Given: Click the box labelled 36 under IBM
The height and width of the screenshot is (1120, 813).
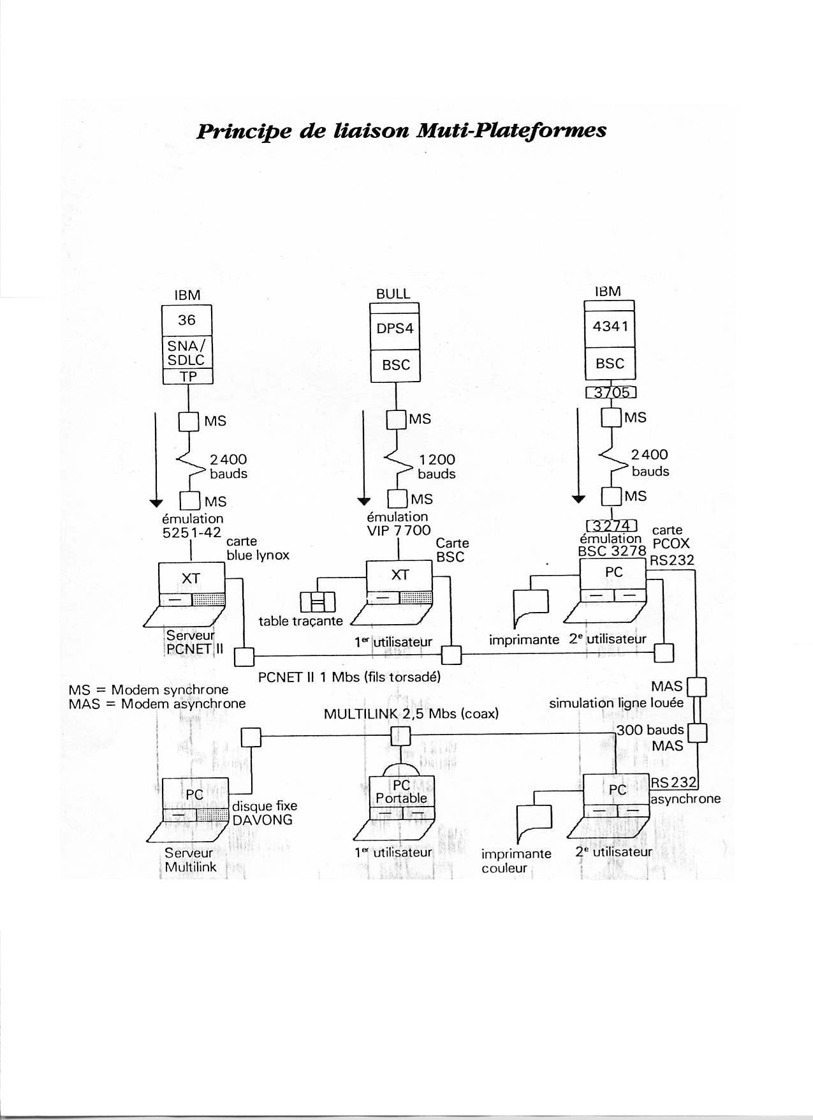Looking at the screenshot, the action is pyautogui.click(x=187, y=320).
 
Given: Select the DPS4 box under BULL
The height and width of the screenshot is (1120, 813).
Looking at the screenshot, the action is pyautogui.click(x=395, y=329).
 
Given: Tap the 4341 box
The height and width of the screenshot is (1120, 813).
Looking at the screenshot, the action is pyautogui.click(x=610, y=327).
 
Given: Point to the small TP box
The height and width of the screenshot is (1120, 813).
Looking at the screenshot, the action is pyautogui.click(x=187, y=377).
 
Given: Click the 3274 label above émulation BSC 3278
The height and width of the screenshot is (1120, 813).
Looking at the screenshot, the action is pyautogui.click(x=612, y=526).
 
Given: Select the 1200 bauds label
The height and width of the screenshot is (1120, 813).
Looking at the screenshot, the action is pyautogui.click(x=437, y=467).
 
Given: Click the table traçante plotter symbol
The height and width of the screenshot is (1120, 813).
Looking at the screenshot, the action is pyautogui.click(x=318, y=601).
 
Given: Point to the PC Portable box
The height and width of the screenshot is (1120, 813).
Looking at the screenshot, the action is pyautogui.click(x=402, y=791).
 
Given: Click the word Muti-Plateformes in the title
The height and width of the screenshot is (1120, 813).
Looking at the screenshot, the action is pyautogui.click(x=510, y=130).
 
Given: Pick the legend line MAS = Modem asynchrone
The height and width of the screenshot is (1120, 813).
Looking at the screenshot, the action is pyautogui.click(x=157, y=704).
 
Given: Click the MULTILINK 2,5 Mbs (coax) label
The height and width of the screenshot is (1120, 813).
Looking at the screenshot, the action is pyautogui.click(x=411, y=713).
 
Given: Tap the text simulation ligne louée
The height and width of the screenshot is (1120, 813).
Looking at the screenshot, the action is pyautogui.click(x=616, y=703).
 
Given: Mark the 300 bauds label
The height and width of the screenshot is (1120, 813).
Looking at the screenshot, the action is pyautogui.click(x=650, y=729).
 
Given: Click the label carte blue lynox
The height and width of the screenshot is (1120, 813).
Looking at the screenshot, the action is pyautogui.click(x=258, y=548).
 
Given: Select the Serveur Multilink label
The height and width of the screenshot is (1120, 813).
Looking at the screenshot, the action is pyautogui.click(x=190, y=860).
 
